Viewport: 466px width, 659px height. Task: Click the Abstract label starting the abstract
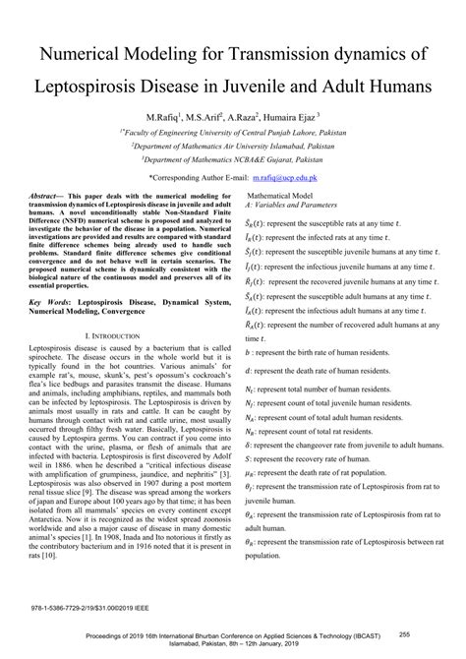pos(46,196)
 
